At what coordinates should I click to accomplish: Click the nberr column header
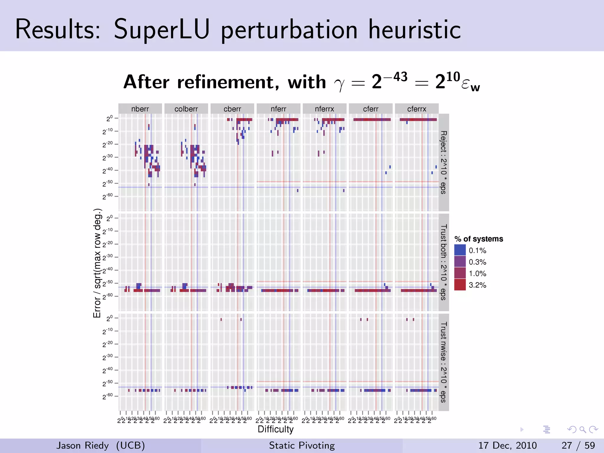pyautogui.click(x=140, y=109)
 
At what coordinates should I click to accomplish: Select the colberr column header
pyautogui.click(x=186, y=109)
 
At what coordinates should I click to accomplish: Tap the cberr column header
pyautogui.click(x=232, y=109)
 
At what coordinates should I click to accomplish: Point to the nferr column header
pyautogui.click(x=278, y=109)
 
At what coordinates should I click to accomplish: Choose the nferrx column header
pyautogui.click(x=324, y=109)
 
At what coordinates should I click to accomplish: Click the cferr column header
pyautogui.click(x=370, y=109)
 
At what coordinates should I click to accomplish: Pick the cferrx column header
pyautogui.click(x=416, y=109)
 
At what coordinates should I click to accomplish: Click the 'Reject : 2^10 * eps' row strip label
pyautogui.click(x=444, y=162)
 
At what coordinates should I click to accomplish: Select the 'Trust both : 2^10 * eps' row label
pyautogui.click(x=444, y=262)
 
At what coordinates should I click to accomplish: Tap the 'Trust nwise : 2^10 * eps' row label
pyautogui.click(x=444, y=362)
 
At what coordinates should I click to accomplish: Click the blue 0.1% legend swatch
pyautogui.click(x=460, y=250)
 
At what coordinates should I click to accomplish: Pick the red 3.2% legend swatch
pyautogui.click(x=460, y=285)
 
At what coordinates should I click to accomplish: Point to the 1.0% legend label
pyautogui.click(x=477, y=273)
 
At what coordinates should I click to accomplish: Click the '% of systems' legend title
pyautogui.click(x=479, y=239)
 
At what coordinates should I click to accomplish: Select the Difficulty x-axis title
pyautogui.click(x=275, y=429)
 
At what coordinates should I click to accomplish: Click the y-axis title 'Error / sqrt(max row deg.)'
pyautogui.click(x=97, y=263)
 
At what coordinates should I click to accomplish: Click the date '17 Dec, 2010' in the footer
pyautogui.click(x=507, y=445)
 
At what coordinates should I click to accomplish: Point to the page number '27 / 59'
pyautogui.click(x=578, y=445)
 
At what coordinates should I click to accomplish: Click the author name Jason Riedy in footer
pyautogui.click(x=83, y=445)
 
